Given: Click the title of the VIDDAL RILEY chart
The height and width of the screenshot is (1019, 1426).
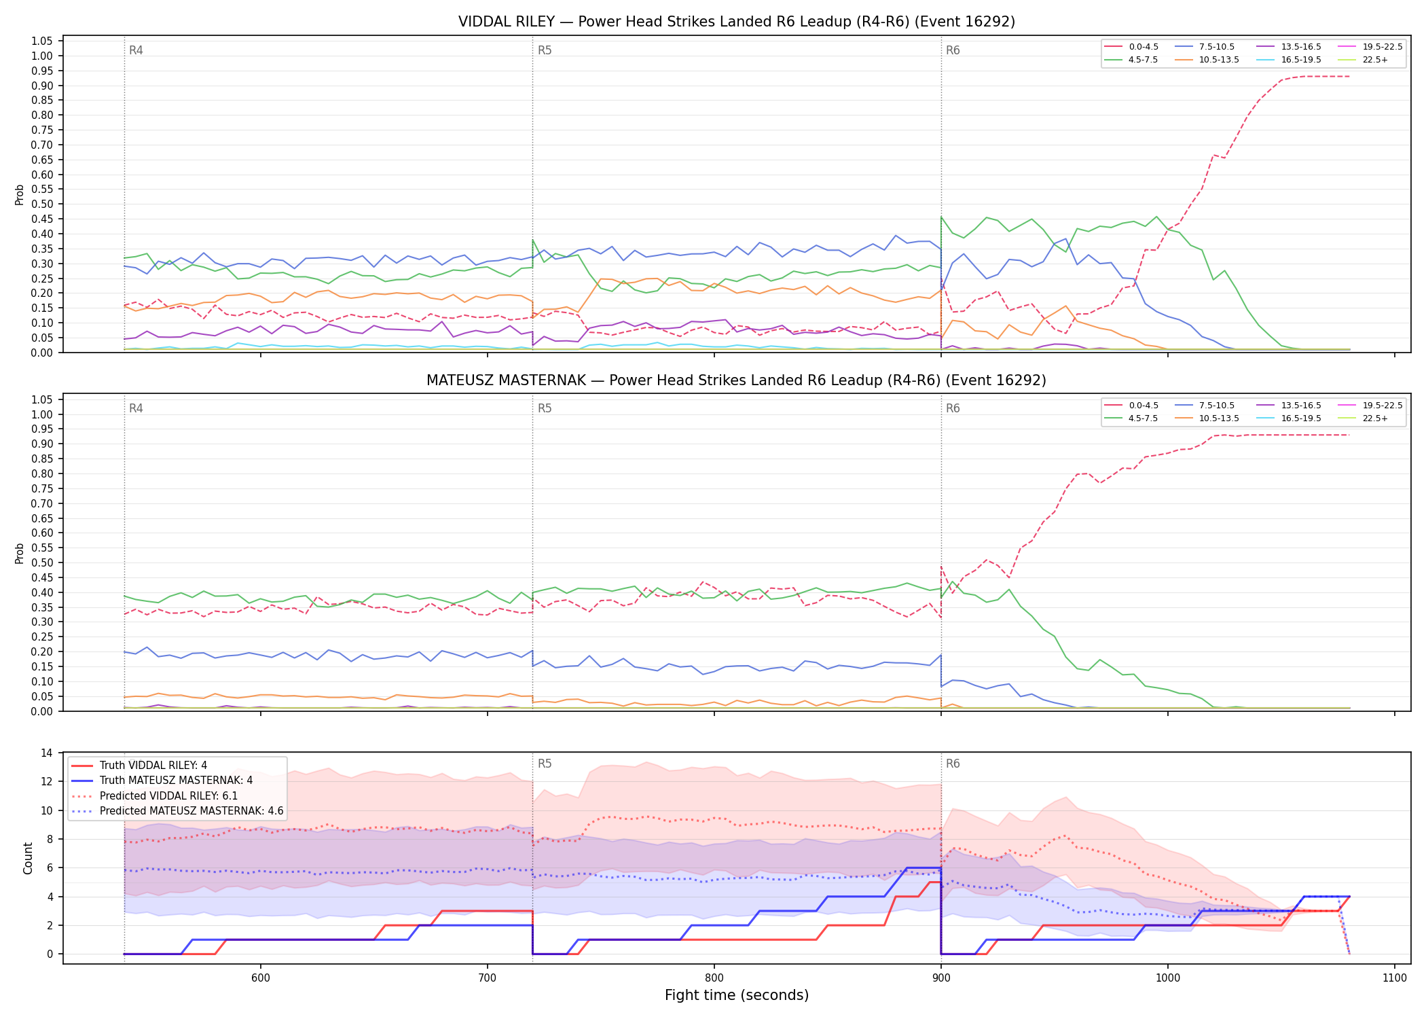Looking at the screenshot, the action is click(737, 22).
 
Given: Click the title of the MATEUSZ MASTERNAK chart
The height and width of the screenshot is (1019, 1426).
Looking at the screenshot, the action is click(737, 380).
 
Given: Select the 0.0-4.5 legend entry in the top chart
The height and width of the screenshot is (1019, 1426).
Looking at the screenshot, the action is click(1132, 47).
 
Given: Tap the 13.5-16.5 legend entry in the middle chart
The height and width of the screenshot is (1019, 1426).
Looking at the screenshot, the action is click(1289, 406).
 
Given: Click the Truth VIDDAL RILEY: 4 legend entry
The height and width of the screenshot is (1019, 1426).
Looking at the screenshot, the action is click(139, 766).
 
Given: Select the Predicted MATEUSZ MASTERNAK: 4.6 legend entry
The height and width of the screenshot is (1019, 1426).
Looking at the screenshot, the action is click(177, 811).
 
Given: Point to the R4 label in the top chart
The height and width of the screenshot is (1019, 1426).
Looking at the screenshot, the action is click(136, 50).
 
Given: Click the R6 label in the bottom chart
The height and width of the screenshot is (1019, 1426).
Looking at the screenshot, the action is click(953, 764).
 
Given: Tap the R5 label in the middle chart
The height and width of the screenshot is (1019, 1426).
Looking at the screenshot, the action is click(545, 408).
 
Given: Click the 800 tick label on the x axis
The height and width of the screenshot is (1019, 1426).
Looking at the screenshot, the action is click(714, 978).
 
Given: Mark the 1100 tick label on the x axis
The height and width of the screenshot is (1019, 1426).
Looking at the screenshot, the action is click(1394, 978).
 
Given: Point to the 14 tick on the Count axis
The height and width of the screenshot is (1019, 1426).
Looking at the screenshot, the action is click(47, 753).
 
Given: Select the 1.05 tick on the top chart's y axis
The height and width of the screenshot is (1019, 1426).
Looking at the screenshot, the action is click(42, 41).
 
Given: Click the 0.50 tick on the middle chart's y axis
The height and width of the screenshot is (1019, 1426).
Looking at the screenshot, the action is click(42, 562).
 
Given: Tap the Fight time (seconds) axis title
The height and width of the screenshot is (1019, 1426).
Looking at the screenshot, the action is click(737, 995).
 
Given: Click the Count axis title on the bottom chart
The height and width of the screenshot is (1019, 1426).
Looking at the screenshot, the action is click(28, 858).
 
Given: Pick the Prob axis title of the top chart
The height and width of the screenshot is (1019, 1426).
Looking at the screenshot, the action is click(20, 194).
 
